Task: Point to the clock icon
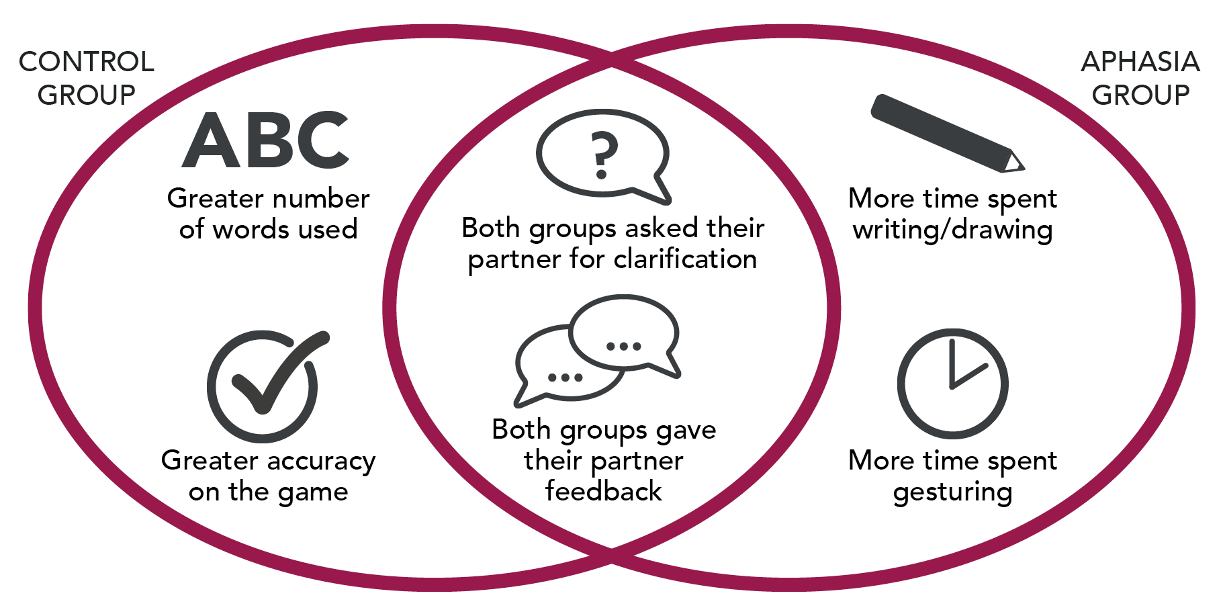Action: (x=952, y=384)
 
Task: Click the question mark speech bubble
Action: (x=603, y=155)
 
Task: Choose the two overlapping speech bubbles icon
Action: (x=598, y=349)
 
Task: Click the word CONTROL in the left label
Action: (x=86, y=62)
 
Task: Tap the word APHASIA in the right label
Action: (x=1140, y=62)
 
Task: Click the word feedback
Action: (x=603, y=491)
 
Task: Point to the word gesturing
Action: (x=952, y=492)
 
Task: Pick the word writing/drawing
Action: (x=952, y=230)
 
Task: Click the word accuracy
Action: (x=321, y=461)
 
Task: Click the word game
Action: (x=312, y=493)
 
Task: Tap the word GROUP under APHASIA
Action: (x=1140, y=95)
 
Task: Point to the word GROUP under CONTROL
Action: (x=86, y=95)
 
